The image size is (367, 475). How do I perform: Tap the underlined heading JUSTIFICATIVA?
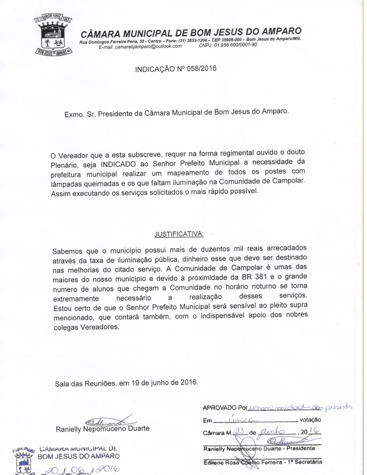[x=179, y=234]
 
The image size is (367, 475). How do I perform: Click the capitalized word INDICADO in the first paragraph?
[x=118, y=164]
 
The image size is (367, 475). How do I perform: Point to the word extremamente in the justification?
[x=76, y=299]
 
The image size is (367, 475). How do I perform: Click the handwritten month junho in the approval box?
[x=272, y=432]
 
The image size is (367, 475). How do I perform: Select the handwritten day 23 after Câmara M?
[x=239, y=431]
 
